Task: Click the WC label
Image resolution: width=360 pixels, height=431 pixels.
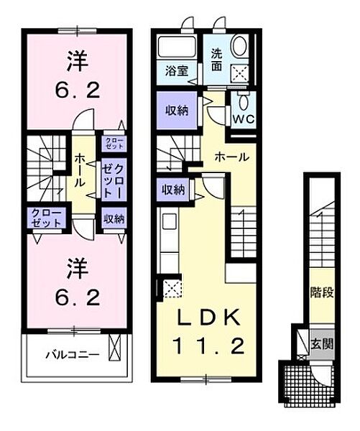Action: pos(244,119)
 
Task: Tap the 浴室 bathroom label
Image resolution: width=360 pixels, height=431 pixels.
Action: pos(177,71)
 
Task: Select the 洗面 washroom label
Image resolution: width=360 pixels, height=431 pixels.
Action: pos(216,60)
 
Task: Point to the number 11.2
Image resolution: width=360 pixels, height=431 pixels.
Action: pos(209,346)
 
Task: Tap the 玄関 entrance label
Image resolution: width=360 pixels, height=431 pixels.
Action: pos(322,343)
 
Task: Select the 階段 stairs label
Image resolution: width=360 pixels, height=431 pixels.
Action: pos(322,292)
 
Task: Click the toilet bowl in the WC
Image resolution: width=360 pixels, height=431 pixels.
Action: pos(243,103)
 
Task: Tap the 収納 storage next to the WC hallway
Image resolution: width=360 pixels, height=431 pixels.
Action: pos(177,110)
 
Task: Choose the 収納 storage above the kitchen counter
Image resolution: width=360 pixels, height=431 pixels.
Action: pos(173,190)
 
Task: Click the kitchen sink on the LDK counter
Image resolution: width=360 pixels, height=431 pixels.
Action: pos(170,221)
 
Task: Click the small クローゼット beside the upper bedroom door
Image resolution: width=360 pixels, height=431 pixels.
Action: pos(114,143)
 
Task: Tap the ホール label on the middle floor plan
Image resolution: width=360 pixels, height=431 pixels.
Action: pos(232,157)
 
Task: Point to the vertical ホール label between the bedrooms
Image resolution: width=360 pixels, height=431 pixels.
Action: pos(80,170)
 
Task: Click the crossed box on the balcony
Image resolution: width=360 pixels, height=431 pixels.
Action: pos(114,348)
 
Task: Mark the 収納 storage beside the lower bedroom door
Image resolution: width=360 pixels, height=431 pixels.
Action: pos(114,219)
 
